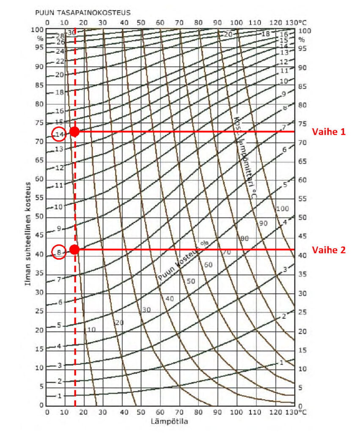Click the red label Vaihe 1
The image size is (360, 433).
tap(329, 132)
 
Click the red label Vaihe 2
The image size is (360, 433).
tap(329, 250)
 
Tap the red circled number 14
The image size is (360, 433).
tap(60, 134)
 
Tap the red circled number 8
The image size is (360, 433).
tap(60, 252)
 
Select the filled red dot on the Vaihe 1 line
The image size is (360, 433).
tap(75, 132)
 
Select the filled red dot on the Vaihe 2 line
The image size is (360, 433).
tap(74, 249)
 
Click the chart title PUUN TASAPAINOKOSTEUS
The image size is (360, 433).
tap(82, 13)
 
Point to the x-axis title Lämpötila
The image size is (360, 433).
tap(169, 421)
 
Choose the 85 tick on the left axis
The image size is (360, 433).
tap(39, 85)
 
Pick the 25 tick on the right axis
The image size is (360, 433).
tap(302, 312)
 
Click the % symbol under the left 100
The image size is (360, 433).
tap(41, 38)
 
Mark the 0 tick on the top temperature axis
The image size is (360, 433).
tap(47, 22)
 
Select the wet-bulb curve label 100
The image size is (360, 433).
tap(282, 209)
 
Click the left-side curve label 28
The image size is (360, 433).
tap(60, 36)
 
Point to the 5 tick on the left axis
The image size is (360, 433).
tap(41, 386)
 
